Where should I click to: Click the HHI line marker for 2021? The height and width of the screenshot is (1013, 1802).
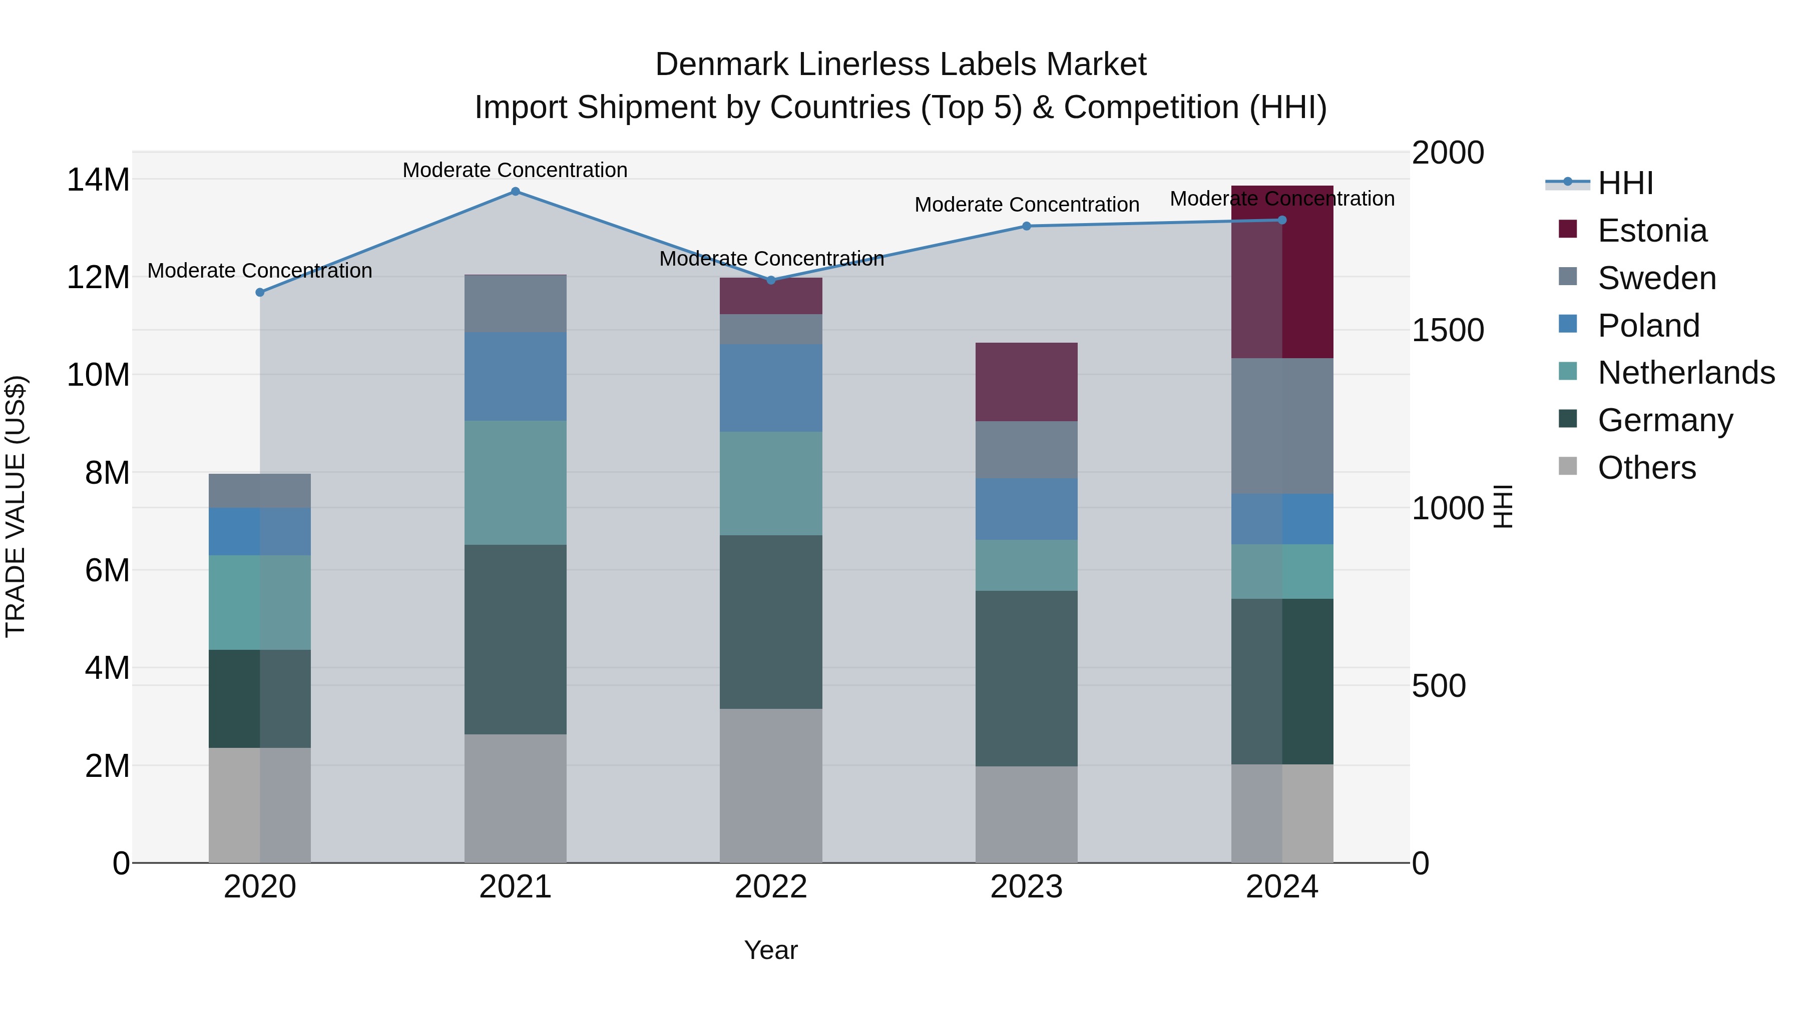click(x=515, y=192)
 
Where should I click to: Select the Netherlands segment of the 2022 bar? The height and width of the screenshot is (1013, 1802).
click(x=771, y=483)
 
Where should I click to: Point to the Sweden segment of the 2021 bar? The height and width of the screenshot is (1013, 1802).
click(x=515, y=304)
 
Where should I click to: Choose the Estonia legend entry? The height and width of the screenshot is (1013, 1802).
click(x=1652, y=231)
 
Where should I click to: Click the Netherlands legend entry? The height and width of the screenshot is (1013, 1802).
click(x=1686, y=373)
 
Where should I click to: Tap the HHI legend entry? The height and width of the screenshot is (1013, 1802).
click(x=1625, y=183)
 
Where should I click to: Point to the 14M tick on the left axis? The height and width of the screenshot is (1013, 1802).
click(x=98, y=181)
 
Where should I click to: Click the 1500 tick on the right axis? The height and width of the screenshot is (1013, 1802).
click(x=1447, y=330)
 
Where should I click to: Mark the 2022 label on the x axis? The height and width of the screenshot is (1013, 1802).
click(x=771, y=887)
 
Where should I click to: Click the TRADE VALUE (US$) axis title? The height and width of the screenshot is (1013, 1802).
click(x=16, y=506)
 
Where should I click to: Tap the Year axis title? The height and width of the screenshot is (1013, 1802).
click(x=771, y=950)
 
